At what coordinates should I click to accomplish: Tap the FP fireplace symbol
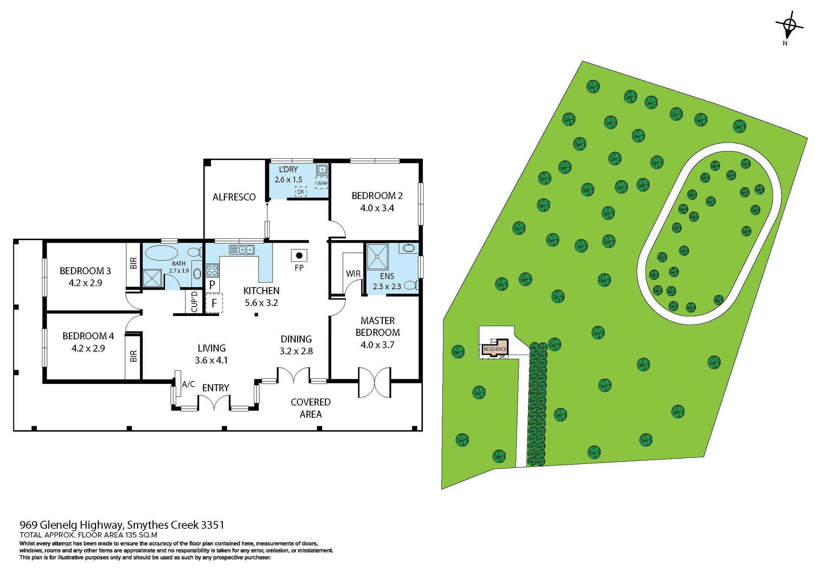(299, 255)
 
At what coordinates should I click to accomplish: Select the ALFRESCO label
(234, 197)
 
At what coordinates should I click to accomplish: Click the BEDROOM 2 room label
(377, 196)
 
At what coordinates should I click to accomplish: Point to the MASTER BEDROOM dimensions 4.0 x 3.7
(377, 345)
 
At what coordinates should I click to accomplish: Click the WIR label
(353, 274)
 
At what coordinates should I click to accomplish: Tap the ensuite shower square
(377, 256)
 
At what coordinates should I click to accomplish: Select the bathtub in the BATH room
(161, 254)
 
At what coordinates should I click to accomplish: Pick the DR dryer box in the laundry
(301, 192)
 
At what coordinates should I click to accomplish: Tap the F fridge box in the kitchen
(214, 303)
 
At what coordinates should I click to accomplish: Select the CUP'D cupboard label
(194, 302)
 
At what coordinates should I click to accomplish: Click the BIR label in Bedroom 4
(133, 355)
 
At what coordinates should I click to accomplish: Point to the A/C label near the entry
(188, 384)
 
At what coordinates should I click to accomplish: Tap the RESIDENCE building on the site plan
(495, 349)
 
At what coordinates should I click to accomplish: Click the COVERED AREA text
(310, 408)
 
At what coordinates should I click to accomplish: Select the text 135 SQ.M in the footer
(141, 535)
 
